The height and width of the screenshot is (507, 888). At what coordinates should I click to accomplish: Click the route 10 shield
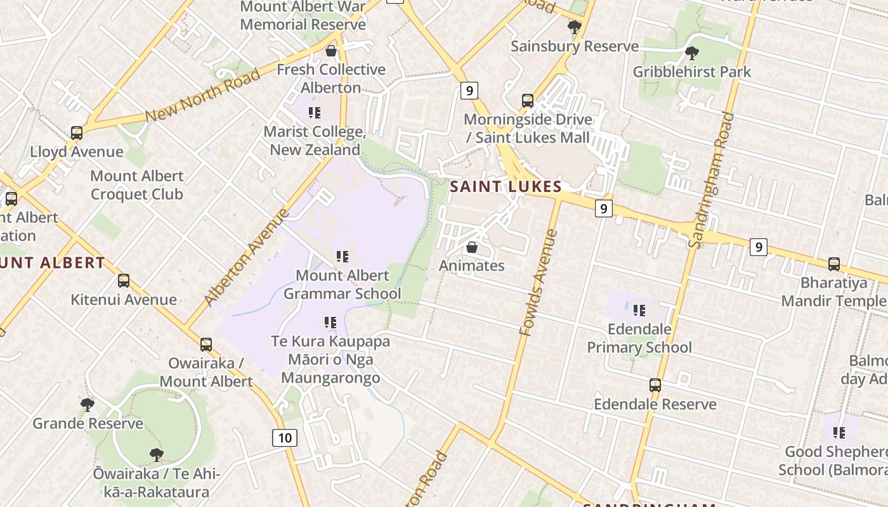pyautogui.click(x=285, y=437)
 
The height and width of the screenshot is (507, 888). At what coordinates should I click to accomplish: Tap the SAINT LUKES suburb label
pyautogui.click(x=506, y=186)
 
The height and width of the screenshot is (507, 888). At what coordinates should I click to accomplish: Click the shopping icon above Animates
pyautogui.click(x=472, y=247)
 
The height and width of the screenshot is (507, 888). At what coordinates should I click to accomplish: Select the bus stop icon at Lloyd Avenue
pyautogui.click(x=77, y=133)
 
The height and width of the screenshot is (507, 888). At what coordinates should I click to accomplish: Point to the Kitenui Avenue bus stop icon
pyautogui.click(x=124, y=280)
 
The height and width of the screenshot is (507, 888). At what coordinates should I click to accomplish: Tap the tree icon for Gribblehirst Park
pyautogui.click(x=691, y=53)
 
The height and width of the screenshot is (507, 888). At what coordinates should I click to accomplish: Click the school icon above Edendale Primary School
pyautogui.click(x=639, y=310)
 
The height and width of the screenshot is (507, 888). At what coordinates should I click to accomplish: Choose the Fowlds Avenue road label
pyautogui.click(x=538, y=283)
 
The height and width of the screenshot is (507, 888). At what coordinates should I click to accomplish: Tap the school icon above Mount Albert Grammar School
pyautogui.click(x=343, y=256)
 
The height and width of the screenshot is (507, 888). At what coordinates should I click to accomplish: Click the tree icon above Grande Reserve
pyautogui.click(x=88, y=404)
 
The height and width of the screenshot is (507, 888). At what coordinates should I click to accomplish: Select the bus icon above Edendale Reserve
pyautogui.click(x=655, y=385)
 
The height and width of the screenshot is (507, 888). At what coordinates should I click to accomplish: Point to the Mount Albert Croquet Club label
pyautogui.click(x=136, y=185)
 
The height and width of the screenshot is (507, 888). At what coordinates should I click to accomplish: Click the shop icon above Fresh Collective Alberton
pyautogui.click(x=330, y=51)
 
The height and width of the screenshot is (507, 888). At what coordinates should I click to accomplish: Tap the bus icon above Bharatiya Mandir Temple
pyautogui.click(x=834, y=264)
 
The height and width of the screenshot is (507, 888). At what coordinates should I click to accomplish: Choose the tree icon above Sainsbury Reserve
pyautogui.click(x=574, y=27)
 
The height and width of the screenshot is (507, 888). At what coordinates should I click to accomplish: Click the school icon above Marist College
pyautogui.click(x=315, y=113)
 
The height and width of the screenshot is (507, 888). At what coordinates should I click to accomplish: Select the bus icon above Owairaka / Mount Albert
pyautogui.click(x=206, y=344)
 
